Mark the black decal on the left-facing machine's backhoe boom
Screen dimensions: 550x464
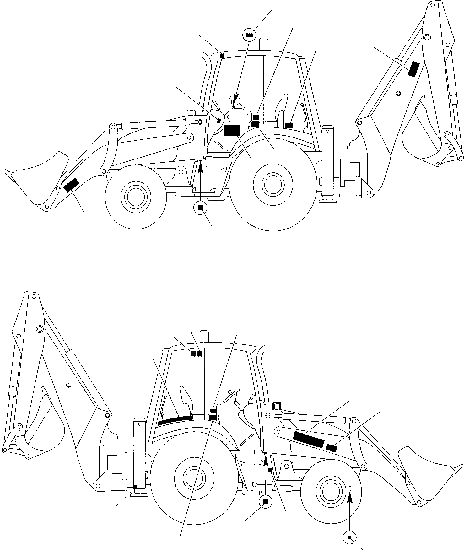(x=414, y=69)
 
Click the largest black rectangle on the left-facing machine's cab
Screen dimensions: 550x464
(x=232, y=131)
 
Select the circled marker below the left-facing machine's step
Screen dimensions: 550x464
(x=200, y=208)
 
